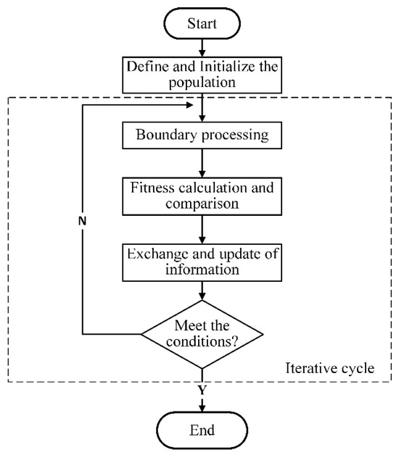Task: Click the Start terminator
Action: [202, 24]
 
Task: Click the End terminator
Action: [202, 430]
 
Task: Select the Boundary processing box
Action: [202, 135]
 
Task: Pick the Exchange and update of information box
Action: [202, 262]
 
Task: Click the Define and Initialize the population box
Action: [202, 74]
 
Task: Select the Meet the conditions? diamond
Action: [202, 333]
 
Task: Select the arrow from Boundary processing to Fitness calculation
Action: [202, 164]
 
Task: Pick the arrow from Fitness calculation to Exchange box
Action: [202, 228]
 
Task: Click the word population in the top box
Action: [202, 83]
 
